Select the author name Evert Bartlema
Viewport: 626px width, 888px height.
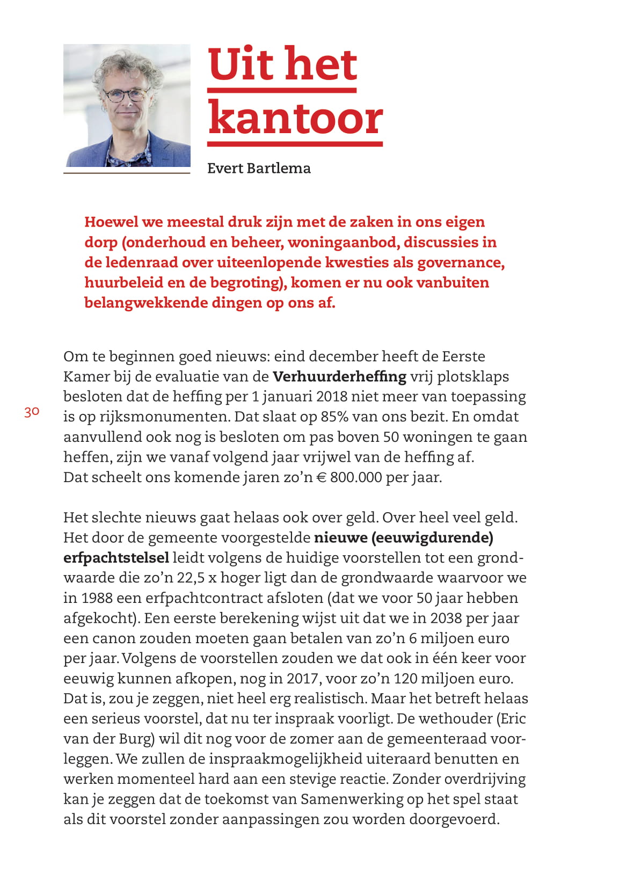point(259,168)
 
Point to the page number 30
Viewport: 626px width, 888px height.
point(32,412)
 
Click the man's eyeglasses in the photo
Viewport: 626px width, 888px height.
point(126,95)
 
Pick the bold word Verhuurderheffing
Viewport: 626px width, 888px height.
point(339,376)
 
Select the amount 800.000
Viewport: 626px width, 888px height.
point(356,477)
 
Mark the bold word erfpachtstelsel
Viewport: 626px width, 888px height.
point(116,558)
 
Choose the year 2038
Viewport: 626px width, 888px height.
point(446,618)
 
